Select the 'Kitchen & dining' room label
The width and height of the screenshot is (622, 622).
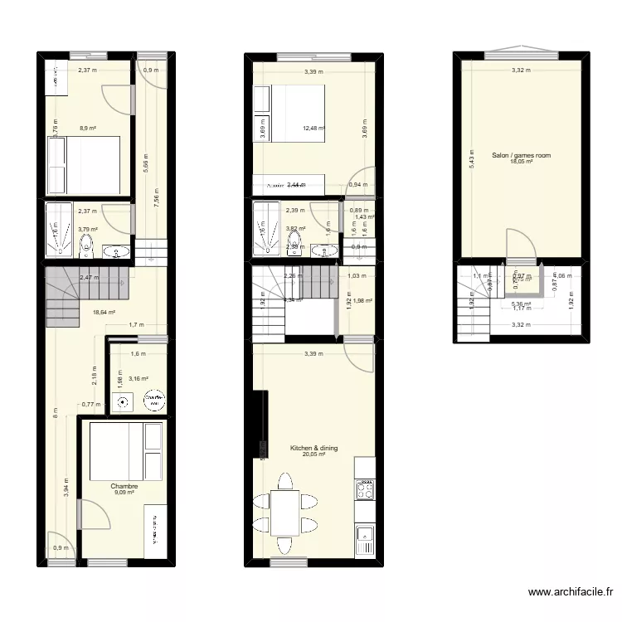click(x=313, y=448)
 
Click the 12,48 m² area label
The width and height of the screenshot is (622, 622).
click(x=314, y=129)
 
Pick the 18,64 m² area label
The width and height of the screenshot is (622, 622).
click(x=104, y=313)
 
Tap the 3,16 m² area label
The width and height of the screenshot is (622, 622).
click(x=138, y=379)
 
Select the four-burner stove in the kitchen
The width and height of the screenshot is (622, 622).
click(x=364, y=491)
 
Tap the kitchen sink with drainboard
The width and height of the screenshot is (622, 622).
click(x=364, y=540)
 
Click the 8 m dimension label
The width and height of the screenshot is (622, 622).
click(x=56, y=413)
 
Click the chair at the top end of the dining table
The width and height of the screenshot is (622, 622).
click(x=284, y=481)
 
